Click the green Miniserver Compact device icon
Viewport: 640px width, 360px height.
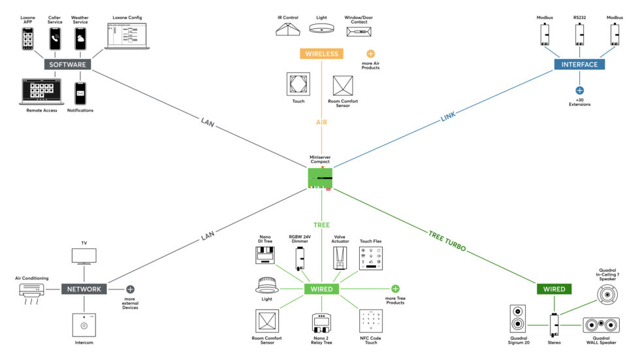(321, 178)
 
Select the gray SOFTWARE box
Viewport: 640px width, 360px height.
(66, 65)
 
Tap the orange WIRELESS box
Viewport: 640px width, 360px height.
(321, 54)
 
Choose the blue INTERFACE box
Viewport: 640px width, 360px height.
(579, 64)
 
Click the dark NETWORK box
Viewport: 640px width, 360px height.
(84, 289)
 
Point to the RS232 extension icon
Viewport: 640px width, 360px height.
(579, 34)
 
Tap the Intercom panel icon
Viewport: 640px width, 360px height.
(84, 325)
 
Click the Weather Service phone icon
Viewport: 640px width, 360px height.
(80, 39)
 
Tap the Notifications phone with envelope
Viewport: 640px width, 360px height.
(80, 93)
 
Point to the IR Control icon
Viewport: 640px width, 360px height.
(287, 31)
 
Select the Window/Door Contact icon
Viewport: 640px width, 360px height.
(359, 31)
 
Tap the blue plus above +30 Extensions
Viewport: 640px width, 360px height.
(579, 90)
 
